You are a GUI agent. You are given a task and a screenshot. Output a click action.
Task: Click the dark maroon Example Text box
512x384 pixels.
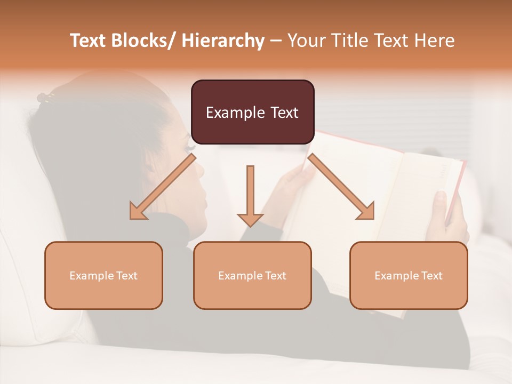coord(252,112)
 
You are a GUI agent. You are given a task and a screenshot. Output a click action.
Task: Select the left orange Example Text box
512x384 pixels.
coord(103,275)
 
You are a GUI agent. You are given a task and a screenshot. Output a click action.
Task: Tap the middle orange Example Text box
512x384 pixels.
coord(252,275)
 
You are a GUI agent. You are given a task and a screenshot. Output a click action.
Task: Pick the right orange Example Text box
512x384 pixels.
coord(409,275)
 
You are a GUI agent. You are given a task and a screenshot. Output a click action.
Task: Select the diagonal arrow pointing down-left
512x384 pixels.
coord(162,187)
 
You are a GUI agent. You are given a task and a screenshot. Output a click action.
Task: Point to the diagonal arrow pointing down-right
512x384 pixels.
coord(341,187)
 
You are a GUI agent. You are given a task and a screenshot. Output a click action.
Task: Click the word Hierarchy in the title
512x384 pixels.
coord(222,41)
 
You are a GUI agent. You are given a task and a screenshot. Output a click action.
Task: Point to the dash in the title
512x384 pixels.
coord(276,41)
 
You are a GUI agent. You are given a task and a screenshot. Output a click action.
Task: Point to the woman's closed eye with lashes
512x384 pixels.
coord(189,144)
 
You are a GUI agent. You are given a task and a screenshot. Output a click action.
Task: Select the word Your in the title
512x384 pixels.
coord(306,41)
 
